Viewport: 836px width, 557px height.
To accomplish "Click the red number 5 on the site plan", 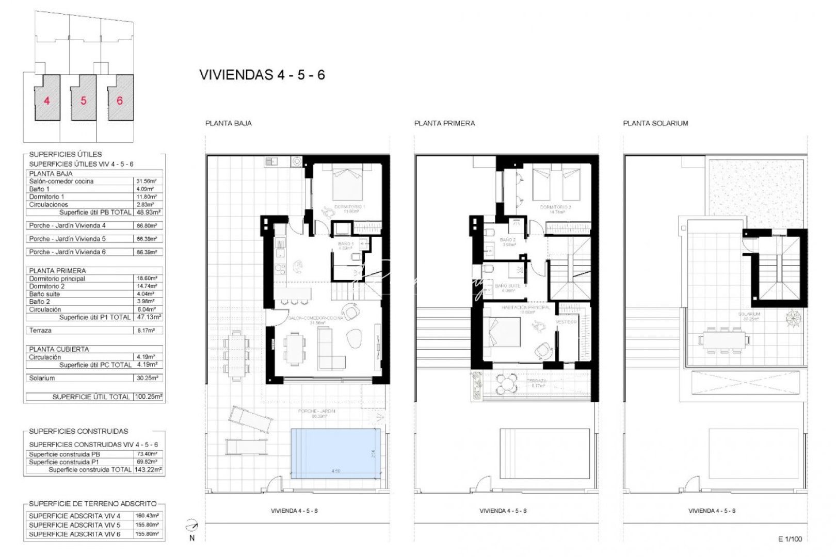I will pyautogui.click(x=84, y=101).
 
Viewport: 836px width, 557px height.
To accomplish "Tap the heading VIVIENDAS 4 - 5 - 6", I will pyautogui.click(x=262, y=75).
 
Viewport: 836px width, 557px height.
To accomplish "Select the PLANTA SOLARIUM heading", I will pyautogui.click(x=655, y=123).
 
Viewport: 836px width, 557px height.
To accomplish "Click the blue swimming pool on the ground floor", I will pyautogui.click(x=335, y=453).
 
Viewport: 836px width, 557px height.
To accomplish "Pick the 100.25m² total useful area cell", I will pyautogui.click(x=148, y=397).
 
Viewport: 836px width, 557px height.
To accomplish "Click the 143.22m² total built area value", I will pyautogui.click(x=148, y=470).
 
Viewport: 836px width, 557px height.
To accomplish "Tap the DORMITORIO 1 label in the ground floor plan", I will pyautogui.click(x=349, y=207).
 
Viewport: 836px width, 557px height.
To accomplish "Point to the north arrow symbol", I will pyautogui.click(x=192, y=527).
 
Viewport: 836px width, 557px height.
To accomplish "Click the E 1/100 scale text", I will pyautogui.click(x=790, y=539).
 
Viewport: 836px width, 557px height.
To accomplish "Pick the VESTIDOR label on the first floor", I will pyautogui.click(x=566, y=322).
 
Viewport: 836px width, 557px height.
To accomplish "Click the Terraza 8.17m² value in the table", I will pyautogui.click(x=147, y=330).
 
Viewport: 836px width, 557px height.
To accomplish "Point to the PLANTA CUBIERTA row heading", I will pyautogui.click(x=59, y=349).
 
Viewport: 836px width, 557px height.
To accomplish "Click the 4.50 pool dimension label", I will pyautogui.click(x=335, y=471).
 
